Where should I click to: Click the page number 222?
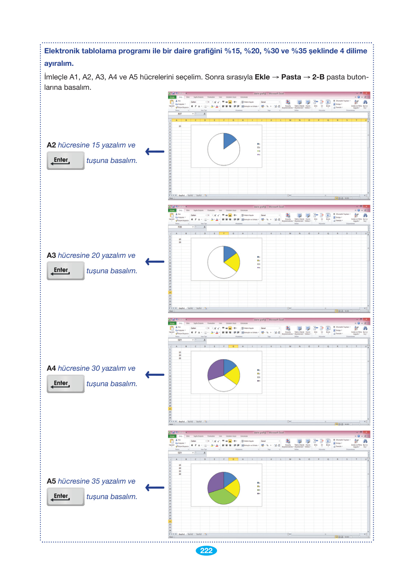coord(206,551)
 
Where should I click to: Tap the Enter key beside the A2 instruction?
coord(65,161)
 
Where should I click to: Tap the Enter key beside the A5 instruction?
coord(65,497)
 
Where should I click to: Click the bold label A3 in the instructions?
coord(51,256)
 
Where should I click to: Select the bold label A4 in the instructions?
coord(51,368)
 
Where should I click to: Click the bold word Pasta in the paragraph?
coord(291,77)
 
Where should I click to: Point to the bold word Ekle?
coord(262,77)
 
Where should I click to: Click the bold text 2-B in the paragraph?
coord(318,77)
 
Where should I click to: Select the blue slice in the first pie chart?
coord(229,140)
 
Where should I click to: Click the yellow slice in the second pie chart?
coord(232,262)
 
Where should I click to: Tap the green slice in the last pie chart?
coord(222,496)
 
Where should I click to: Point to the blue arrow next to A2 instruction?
coord(155,152)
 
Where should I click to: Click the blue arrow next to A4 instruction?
coord(155,375)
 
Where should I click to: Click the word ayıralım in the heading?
coord(59,64)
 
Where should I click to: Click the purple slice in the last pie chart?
coord(215,482)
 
